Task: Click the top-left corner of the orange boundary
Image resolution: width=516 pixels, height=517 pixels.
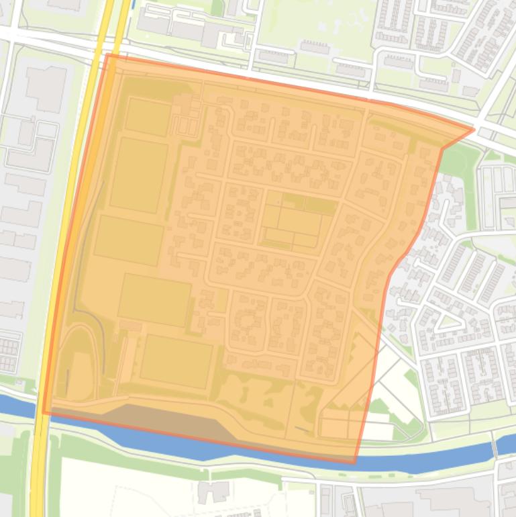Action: click(x=107, y=55)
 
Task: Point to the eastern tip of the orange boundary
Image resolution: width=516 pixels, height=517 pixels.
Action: click(x=473, y=128)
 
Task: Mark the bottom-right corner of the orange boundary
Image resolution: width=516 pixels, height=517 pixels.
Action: click(x=354, y=463)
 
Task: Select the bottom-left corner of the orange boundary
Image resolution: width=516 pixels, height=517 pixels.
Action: click(x=44, y=413)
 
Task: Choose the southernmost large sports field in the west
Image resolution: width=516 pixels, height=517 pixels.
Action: click(x=176, y=361)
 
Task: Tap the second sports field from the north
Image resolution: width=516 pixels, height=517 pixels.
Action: click(x=139, y=175)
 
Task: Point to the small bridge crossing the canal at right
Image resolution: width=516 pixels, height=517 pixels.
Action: click(x=494, y=444)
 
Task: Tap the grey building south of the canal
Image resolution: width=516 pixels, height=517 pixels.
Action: click(x=213, y=492)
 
